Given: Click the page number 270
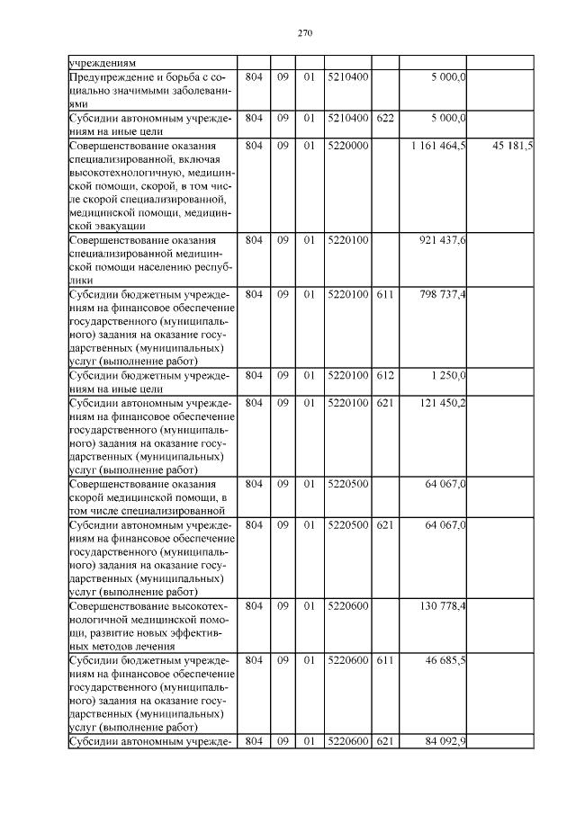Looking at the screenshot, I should click(x=303, y=33).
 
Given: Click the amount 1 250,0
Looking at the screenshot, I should click(x=448, y=376).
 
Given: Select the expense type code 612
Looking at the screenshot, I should click(x=385, y=376).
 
